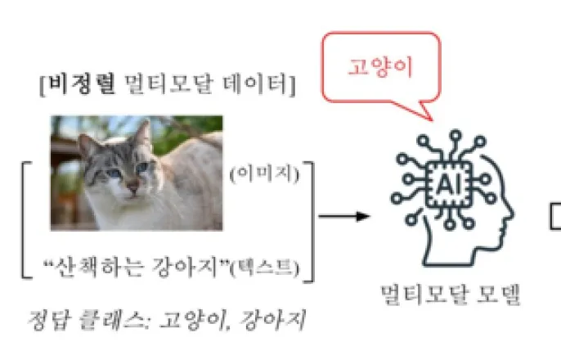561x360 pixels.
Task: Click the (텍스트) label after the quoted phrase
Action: click(x=271, y=268)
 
